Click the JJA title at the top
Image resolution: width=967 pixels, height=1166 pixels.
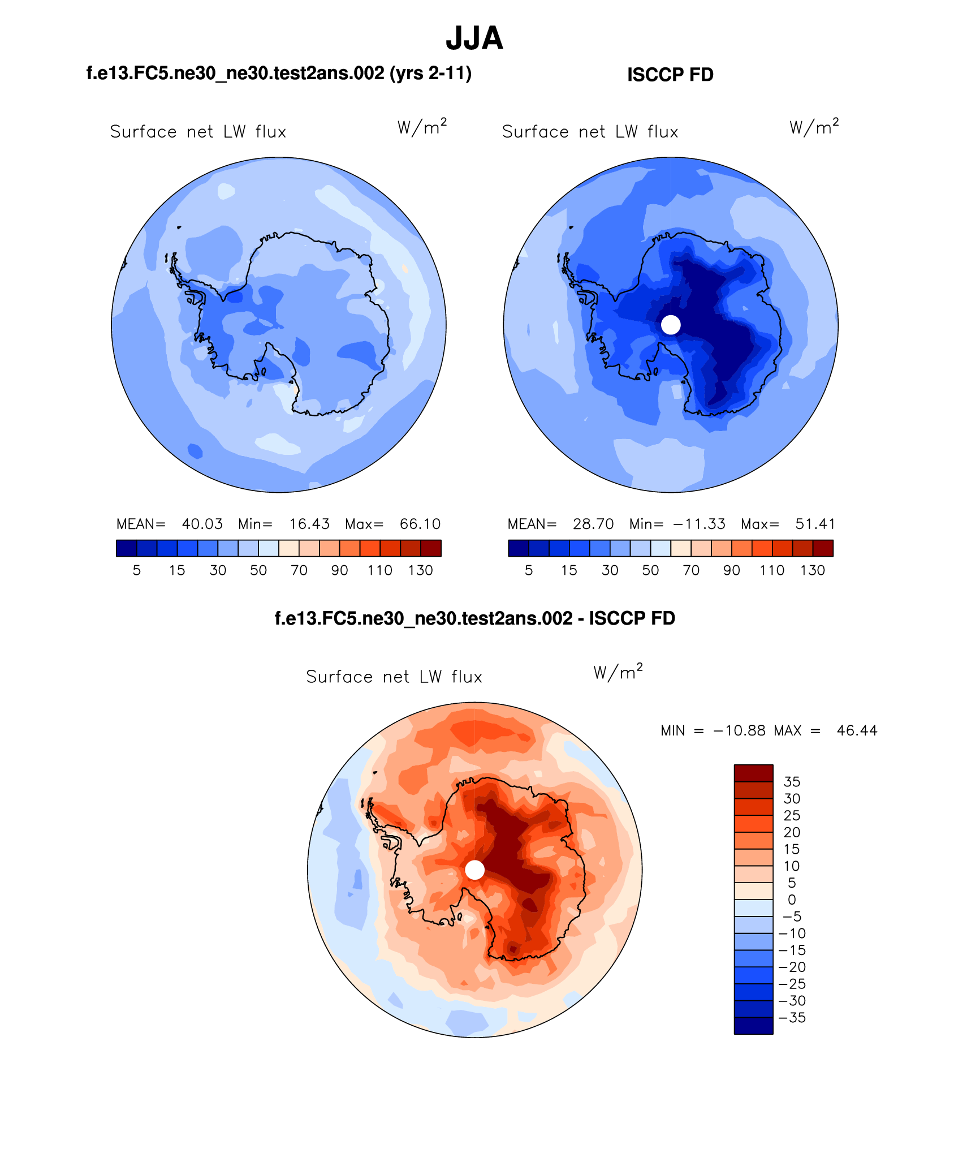474,38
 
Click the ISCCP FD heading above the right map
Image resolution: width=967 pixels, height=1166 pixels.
670,75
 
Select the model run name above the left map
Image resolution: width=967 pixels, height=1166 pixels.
279,73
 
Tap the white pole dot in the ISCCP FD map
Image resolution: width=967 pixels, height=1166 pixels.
671,325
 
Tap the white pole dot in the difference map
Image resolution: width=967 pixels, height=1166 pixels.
474,870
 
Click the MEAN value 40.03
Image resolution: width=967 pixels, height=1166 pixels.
202,524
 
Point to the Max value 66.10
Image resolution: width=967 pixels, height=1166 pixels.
420,524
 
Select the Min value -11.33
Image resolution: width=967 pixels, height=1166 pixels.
699,524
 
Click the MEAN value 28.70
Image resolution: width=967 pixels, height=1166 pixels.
593,524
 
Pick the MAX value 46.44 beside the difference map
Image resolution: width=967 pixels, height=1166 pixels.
857,730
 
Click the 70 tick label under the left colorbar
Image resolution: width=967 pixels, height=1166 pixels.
299,570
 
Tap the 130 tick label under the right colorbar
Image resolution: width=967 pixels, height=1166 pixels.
813,570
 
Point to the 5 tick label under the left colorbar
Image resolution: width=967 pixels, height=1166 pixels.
137,570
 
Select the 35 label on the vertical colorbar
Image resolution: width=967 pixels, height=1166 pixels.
792,782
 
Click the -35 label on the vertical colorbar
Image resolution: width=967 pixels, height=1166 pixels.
792,1018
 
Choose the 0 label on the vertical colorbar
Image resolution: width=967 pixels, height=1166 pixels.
792,900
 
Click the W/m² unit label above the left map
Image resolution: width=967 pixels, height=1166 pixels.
422,127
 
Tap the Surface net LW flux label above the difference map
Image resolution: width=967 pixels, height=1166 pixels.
394,677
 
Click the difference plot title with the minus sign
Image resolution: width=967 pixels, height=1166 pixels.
474,618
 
